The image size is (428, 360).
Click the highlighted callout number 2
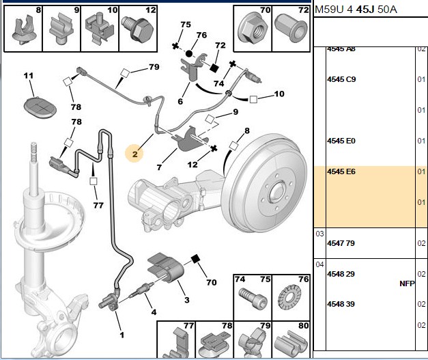(135, 154)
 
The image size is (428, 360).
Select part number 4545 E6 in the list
(341, 171)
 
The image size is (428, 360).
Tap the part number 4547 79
(341, 243)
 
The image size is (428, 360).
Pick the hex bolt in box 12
(138, 29)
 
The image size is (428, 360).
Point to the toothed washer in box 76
(290, 297)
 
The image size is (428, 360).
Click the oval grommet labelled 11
(40, 107)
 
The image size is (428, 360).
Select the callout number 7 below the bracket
(160, 167)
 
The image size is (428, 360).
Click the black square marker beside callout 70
(195, 259)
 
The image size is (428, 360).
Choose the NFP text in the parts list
(407, 283)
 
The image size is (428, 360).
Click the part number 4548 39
(341, 304)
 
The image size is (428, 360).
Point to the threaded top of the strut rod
(33, 153)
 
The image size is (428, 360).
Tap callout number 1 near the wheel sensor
(122, 335)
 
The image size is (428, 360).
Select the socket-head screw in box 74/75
(253, 299)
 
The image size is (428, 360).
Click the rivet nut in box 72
(291, 29)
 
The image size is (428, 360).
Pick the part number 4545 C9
(341, 79)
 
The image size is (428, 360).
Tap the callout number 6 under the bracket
(180, 102)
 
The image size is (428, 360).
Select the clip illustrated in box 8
(23, 30)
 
